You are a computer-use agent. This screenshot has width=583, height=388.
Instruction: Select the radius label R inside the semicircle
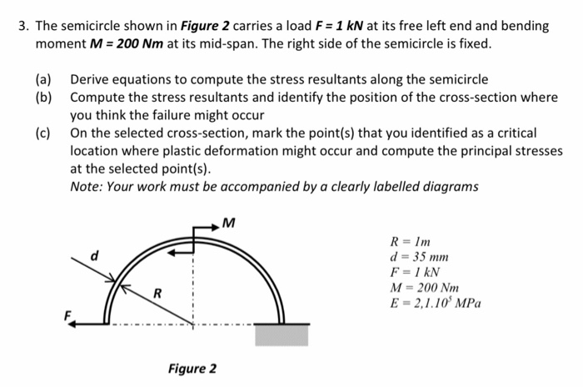(156, 292)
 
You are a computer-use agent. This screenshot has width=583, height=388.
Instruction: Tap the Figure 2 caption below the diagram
(192, 368)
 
